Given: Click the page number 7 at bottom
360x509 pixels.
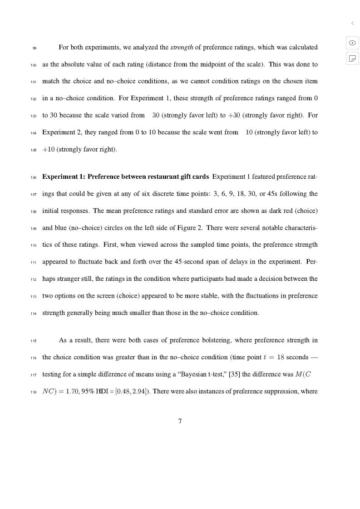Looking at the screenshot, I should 180,421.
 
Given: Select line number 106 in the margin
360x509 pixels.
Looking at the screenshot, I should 34,177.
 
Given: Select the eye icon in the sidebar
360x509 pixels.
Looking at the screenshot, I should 352,43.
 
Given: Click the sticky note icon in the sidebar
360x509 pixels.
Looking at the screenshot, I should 352,58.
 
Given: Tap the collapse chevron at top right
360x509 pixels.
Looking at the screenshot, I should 352,23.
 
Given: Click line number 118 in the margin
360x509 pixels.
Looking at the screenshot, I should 34,392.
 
